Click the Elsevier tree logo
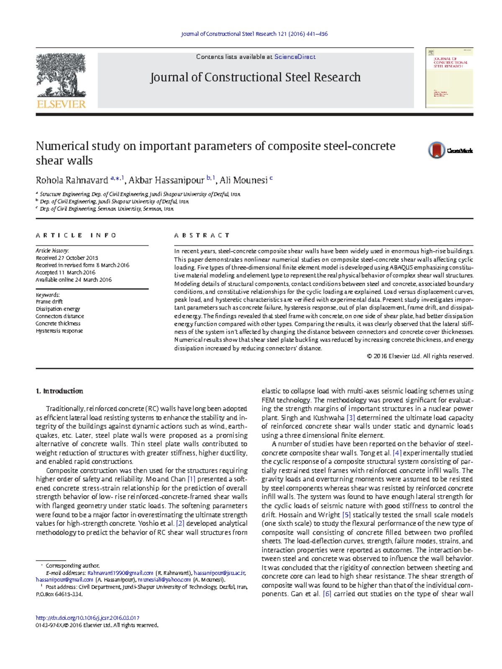click(x=61, y=76)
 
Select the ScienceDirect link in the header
click(x=295, y=57)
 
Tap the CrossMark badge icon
click(x=437, y=150)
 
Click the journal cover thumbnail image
click(x=449, y=78)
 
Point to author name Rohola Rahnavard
click(x=72, y=181)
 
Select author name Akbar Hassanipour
click(x=166, y=181)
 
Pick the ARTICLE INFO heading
click(x=76, y=236)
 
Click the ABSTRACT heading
click(x=202, y=236)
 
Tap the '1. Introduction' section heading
click(x=59, y=391)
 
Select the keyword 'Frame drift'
click(x=49, y=302)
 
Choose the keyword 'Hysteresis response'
click(x=59, y=331)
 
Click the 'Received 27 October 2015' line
click(x=67, y=258)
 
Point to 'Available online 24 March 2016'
click(x=74, y=280)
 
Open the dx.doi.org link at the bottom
click(x=87, y=618)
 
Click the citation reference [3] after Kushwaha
click(x=351, y=418)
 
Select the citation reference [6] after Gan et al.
click(x=327, y=594)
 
